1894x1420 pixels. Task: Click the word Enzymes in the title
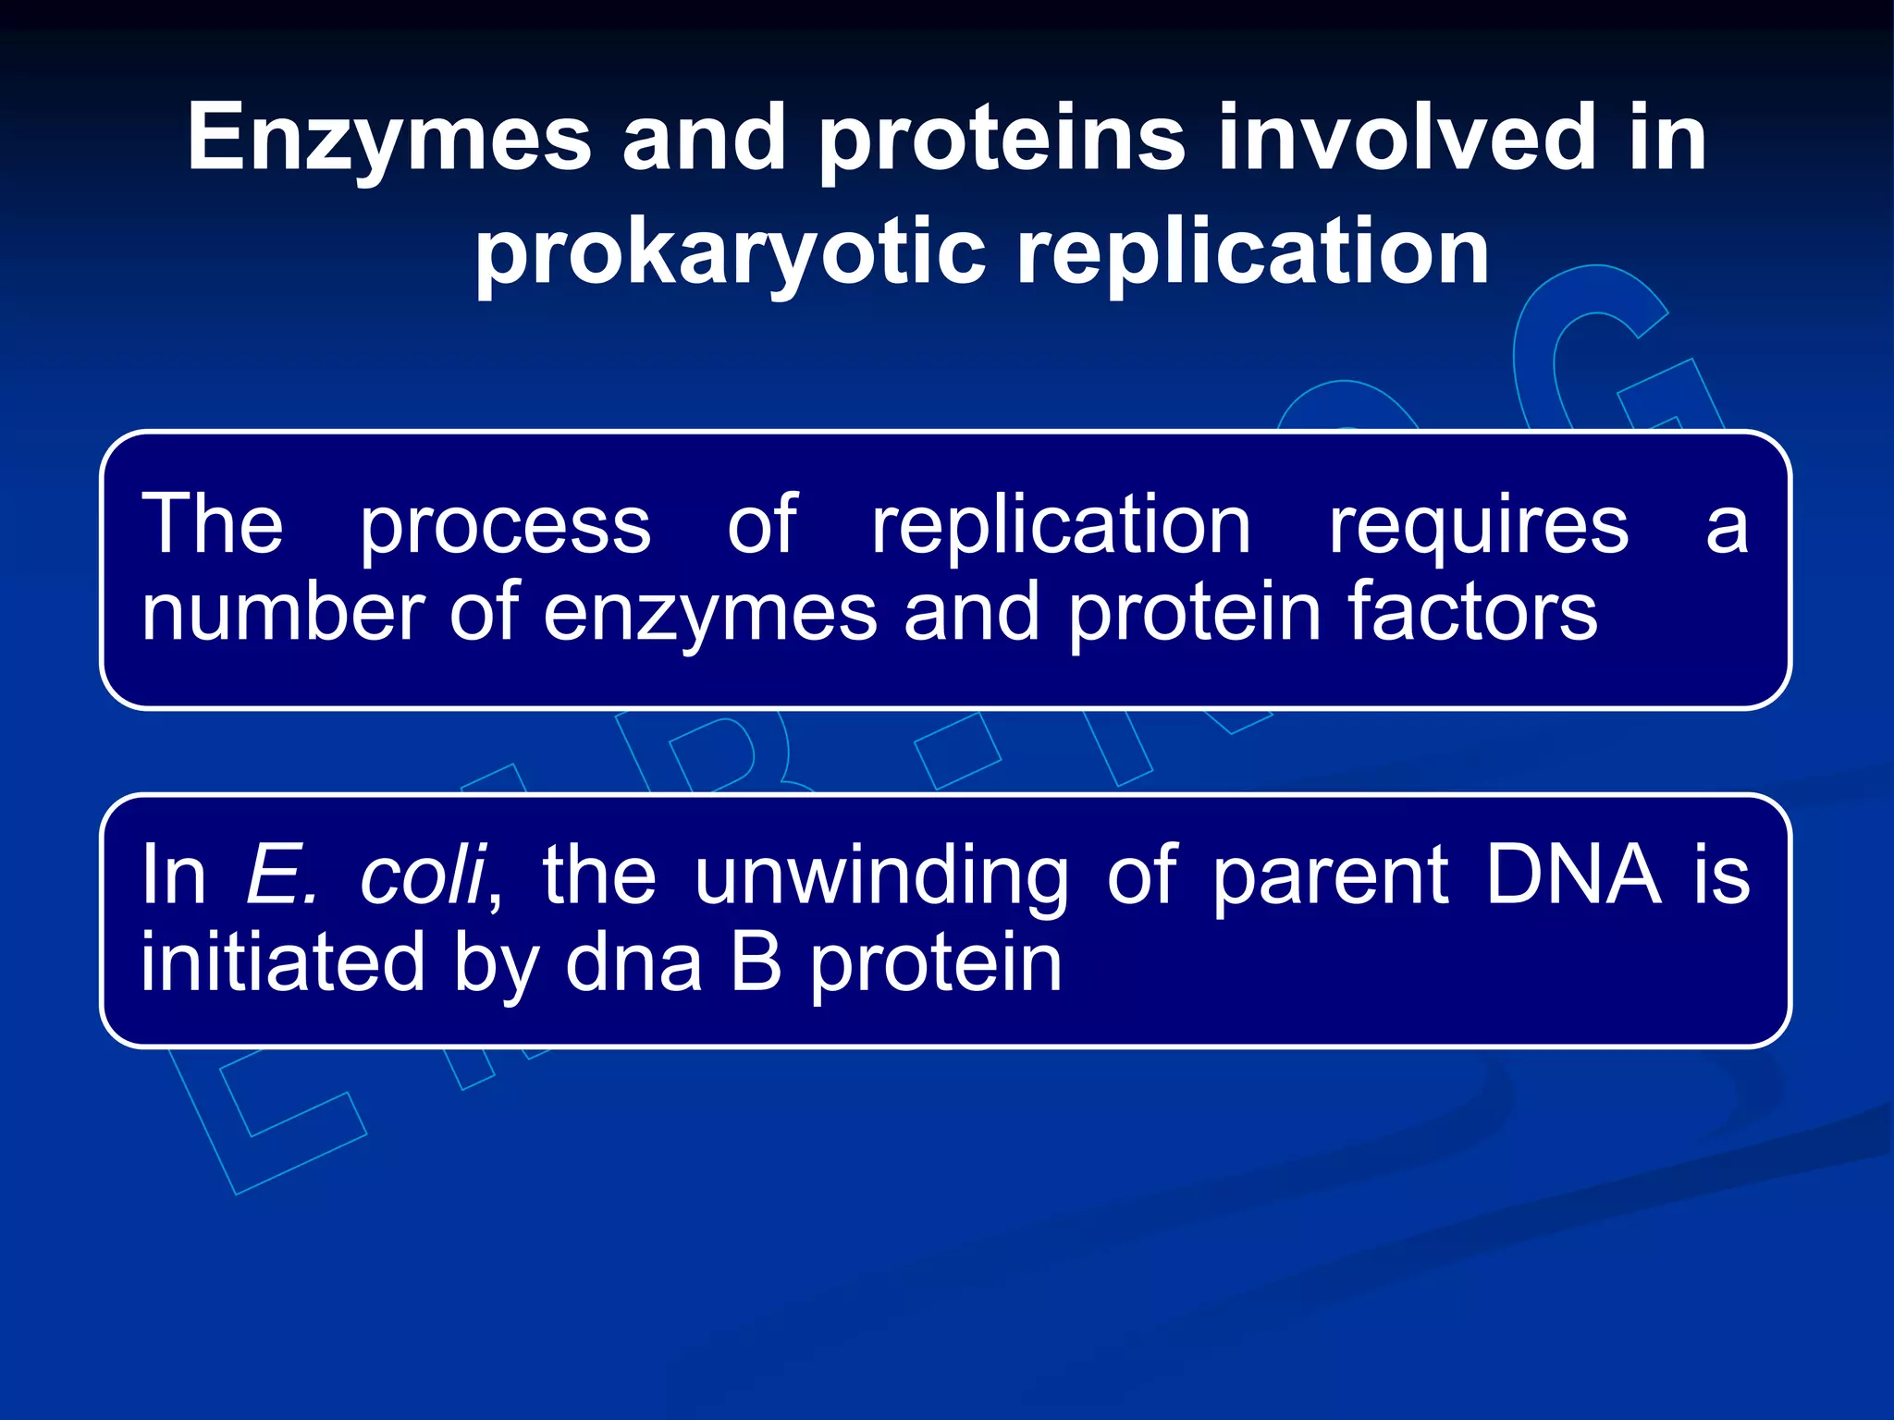[388, 139]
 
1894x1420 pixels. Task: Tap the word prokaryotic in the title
[731, 254]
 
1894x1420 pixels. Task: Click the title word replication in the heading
[1253, 254]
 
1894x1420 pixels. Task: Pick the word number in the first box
[282, 612]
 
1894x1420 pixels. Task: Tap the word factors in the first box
[1470, 612]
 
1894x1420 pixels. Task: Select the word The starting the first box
[212, 525]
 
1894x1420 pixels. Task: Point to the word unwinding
[880, 876]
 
